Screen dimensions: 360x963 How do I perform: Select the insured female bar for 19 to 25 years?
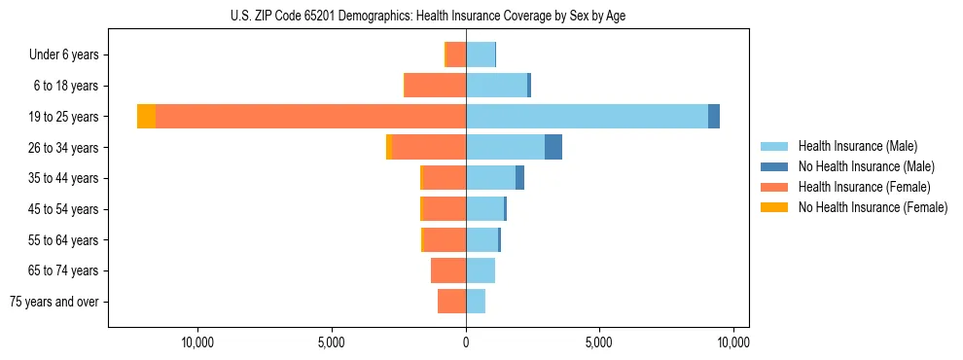click(x=310, y=117)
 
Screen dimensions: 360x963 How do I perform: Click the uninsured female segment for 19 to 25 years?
click(x=146, y=117)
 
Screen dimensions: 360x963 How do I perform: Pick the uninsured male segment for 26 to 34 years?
click(x=553, y=147)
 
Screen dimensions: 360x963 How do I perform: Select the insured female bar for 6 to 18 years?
click(x=435, y=86)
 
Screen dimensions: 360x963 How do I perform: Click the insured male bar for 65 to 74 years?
click(x=481, y=270)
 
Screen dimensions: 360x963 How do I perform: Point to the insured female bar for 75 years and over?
click(x=451, y=302)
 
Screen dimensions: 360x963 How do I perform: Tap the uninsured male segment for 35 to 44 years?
click(x=519, y=178)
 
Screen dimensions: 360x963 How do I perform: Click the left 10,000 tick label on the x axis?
click(x=197, y=343)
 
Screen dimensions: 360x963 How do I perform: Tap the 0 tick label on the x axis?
click(x=466, y=343)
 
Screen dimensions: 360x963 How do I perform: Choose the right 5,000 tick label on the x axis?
click(x=599, y=343)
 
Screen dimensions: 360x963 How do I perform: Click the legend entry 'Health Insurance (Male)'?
click(x=857, y=146)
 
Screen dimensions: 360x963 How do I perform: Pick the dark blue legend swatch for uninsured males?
click(x=773, y=166)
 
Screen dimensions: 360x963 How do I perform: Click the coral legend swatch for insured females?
click(x=773, y=187)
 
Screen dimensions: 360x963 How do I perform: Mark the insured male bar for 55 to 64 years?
click(x=481, y=240)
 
